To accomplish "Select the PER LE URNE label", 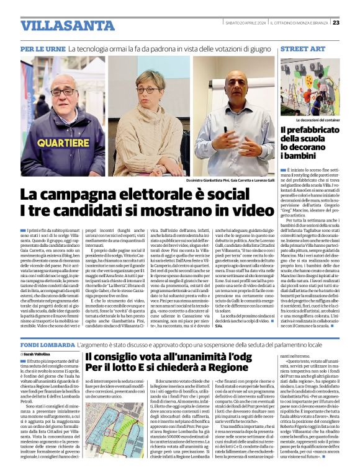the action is tap(43, 48).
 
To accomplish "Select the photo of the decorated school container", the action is tap(310, 86).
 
